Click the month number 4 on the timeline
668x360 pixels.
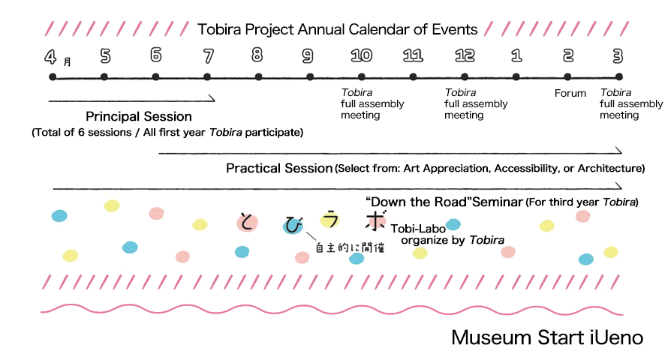tap(50, 56)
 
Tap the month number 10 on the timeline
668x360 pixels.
tap(361, 55)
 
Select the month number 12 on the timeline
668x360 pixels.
tap(465, 55)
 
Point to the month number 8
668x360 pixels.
tap(257, 55)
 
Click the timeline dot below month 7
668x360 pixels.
tap(207, 77)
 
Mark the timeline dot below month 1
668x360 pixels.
tap(516, 77)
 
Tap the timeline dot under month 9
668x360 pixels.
tap(310, 77)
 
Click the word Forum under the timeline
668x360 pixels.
tap(570, 93)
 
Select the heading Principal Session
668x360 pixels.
tap(138, 116)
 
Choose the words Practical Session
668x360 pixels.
tap(279, 169)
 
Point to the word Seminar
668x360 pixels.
tap(497, 202)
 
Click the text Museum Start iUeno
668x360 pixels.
tap(547, 337)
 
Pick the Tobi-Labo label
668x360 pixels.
tap(418, 229)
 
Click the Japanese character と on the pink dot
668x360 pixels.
tap(247, 222)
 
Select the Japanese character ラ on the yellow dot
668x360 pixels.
tap(329, 219)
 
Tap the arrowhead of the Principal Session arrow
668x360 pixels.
tap(212, 99)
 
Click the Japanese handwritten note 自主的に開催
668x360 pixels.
tap(350, 247)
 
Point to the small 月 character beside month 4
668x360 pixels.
tap(67, 62)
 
